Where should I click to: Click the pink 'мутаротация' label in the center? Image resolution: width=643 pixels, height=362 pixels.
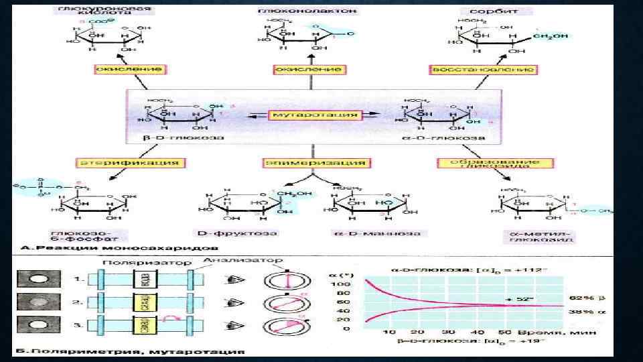[315, 115]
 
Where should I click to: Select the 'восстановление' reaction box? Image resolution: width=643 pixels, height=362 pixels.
[482, 69]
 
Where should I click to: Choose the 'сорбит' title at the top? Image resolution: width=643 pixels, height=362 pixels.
[496, 11]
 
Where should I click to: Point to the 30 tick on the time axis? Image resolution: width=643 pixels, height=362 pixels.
[448, 333]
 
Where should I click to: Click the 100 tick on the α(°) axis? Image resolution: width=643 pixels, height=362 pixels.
[342, 285]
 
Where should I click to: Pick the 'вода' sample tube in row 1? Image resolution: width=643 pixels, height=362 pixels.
[143, 280]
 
